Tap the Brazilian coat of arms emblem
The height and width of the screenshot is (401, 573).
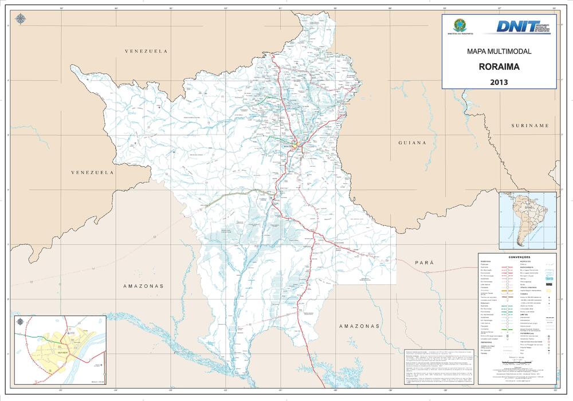[458, 25]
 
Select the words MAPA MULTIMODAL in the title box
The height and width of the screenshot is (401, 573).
[499, 52]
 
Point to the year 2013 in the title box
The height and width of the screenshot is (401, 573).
[499, 82]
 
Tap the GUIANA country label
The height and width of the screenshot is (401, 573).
[413, 143]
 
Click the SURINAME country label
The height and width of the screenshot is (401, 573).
[531, 125]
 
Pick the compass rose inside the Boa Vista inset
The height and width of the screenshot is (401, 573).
[21, 321]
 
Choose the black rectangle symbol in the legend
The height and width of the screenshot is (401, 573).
[548, 344]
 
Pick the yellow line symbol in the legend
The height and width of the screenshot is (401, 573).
[507, 292]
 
